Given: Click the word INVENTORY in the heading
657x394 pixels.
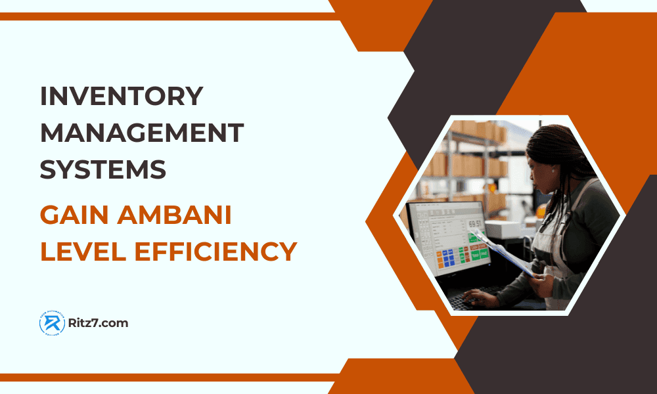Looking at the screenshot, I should click(x=122, y=97).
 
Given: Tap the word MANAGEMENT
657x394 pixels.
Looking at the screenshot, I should click(x=142, y=133).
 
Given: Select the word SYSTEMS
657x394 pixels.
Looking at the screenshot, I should click(x=103, y=170).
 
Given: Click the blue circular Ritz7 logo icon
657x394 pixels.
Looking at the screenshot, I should click(x=52, y=323).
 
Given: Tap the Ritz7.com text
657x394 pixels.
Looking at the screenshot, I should click(x=98, y=323).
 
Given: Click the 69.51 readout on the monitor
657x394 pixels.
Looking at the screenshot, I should click(x=474, y=224).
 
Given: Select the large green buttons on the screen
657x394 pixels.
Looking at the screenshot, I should click(x=479, y=248).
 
